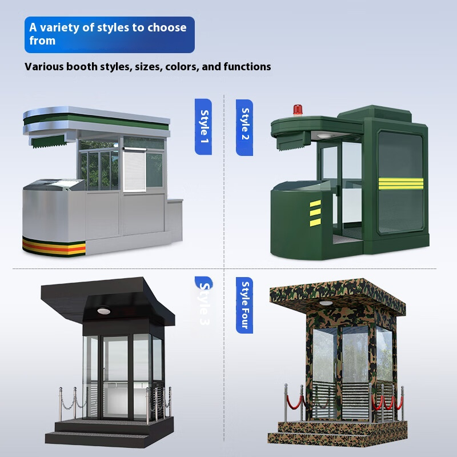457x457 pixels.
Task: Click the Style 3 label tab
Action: point(203,303)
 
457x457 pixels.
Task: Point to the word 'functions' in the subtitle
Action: point(247,67)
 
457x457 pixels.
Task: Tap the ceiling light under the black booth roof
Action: point(103,310)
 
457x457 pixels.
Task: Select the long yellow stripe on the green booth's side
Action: point(399,183)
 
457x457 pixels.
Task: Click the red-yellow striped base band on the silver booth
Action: point(54,246)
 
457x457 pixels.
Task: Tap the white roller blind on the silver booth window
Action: point(134,170)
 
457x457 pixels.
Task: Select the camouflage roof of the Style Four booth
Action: point(337,290)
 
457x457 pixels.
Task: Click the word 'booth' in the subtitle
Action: point(82,67)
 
